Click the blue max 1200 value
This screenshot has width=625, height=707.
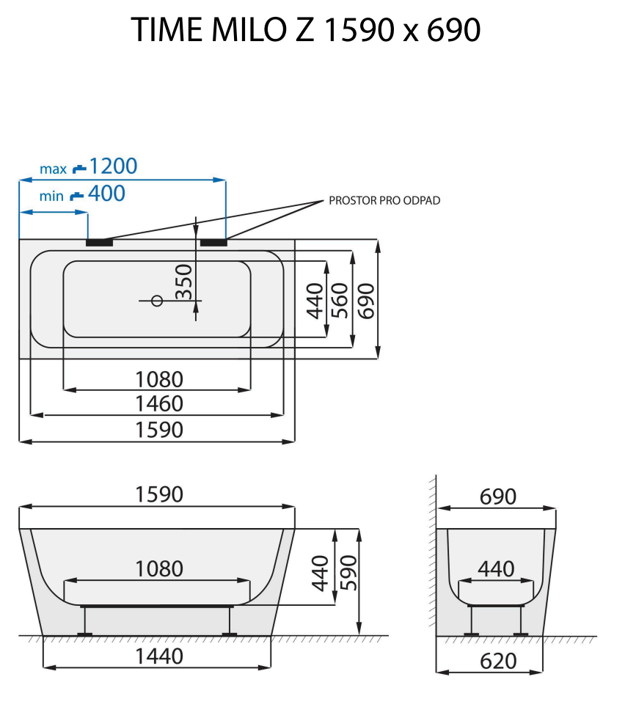(x=113, y=166)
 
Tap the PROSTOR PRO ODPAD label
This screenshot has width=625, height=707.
(x=384, y=200)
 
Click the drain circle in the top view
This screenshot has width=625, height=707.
(x=156, y=300)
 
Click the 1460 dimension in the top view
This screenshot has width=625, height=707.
(x=159, y=403)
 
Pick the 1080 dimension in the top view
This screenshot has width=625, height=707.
(x=159, y=378)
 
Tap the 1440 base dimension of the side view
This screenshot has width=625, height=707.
(x=159, y=656)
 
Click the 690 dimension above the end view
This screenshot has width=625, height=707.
(x=498, y=497)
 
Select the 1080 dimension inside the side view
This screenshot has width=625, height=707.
(x=159, y=568)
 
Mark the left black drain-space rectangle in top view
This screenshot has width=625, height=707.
(x=99, y=241)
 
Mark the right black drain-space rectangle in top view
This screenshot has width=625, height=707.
(x=213, y=241)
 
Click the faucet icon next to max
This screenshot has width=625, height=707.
(x=78, y=169)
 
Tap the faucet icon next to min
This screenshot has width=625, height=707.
(x=76, y=196)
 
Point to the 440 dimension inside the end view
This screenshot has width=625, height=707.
(x=496, y=568)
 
